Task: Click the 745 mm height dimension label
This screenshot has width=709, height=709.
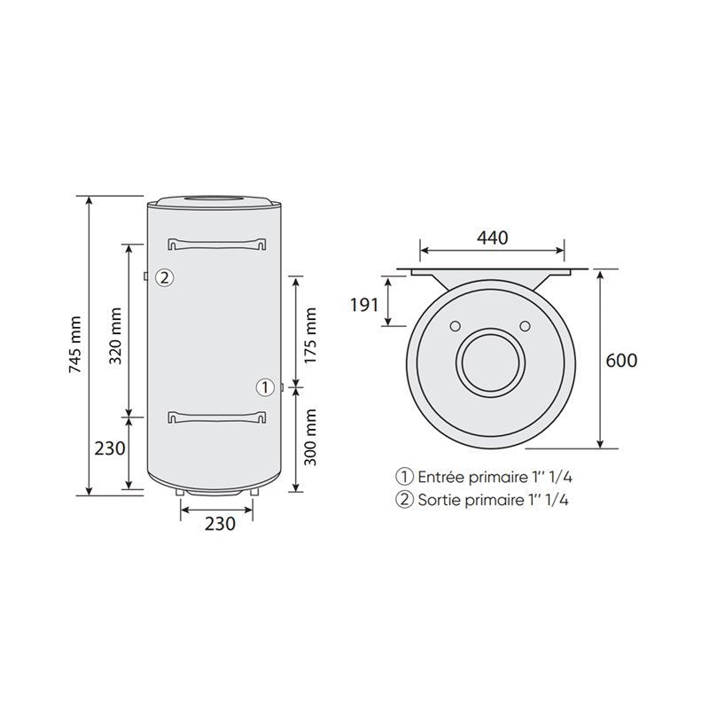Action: point(75,345)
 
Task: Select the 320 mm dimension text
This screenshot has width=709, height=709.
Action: point(116,336)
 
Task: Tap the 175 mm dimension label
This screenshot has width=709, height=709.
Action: point(310,336)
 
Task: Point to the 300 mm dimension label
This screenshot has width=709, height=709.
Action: point(310,437)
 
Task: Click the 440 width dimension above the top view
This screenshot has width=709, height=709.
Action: point(493,238)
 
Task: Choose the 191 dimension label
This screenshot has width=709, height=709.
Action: point(364,305)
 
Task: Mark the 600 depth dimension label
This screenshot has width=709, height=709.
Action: point(621,361)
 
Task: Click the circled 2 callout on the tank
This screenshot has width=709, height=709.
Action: point(165,277)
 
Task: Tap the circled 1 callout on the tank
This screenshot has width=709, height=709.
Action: point(265,387)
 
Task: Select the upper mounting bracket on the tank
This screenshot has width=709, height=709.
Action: point(216,244)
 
